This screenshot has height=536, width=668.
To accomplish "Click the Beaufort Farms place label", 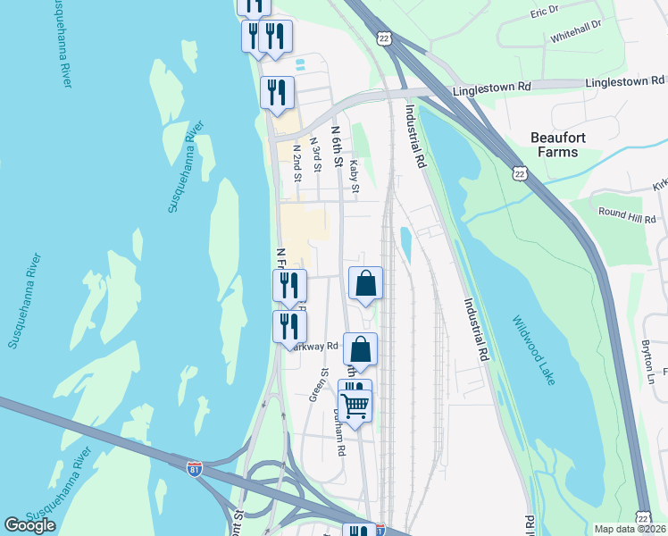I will coord(566,145).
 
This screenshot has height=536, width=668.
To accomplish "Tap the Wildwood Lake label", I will coord(534,349).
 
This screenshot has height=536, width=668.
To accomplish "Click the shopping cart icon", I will coord(355,406).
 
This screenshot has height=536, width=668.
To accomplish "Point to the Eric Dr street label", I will coord(544,11).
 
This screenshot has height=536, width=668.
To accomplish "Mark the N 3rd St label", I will coord(315,154).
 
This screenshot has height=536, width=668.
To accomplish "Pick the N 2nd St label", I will coord(296,161).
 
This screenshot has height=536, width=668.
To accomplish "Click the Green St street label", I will coord(314,386).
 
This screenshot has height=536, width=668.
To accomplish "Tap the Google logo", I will coord(30,525).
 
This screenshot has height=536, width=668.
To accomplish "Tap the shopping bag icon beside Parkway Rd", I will coord(360,349).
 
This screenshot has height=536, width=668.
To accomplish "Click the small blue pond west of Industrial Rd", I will coord(405,243).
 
